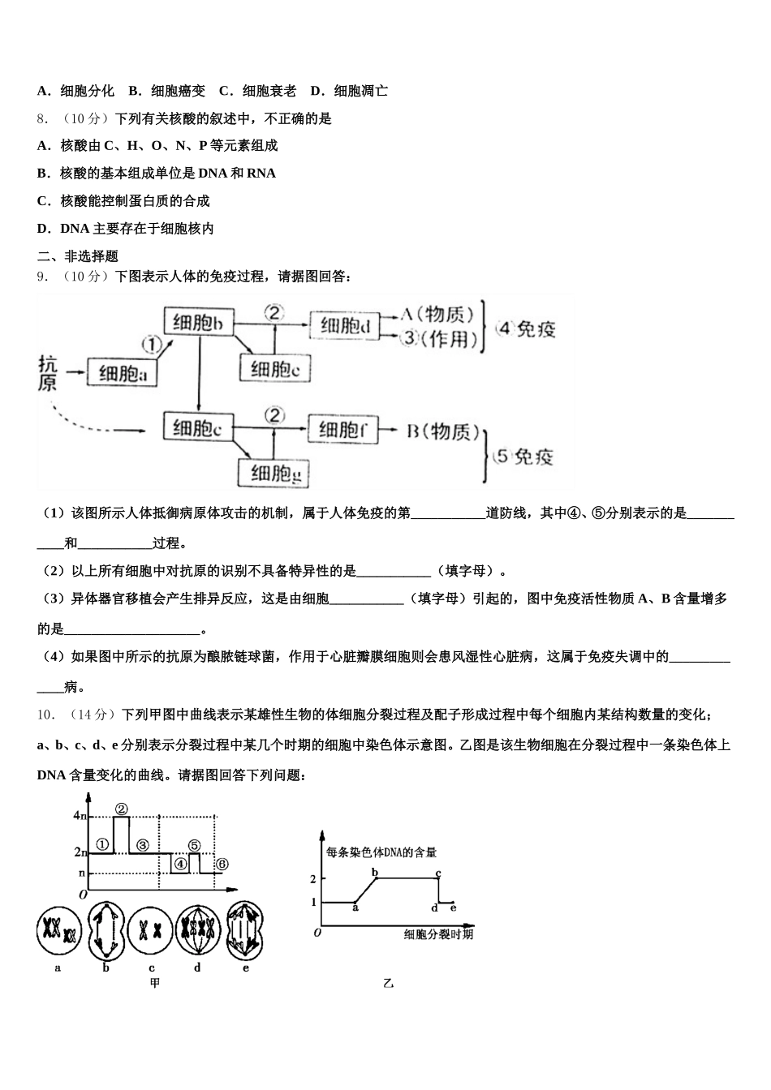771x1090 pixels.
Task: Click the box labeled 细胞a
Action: (123, 373)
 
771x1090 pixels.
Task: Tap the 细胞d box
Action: (345, 326)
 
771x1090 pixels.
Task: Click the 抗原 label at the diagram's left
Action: (48, 374)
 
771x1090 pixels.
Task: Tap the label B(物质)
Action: (442, 431)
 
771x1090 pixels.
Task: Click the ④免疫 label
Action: (526, 328)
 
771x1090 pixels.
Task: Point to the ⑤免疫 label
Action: (523, 457)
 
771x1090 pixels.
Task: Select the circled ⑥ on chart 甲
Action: (222, 864)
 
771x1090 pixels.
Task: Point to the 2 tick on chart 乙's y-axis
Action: (313, 878)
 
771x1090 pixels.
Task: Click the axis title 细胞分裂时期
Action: (438, 935)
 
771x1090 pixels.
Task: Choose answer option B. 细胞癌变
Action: (167, 91)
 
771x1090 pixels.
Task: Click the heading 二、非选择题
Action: (78, 256)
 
